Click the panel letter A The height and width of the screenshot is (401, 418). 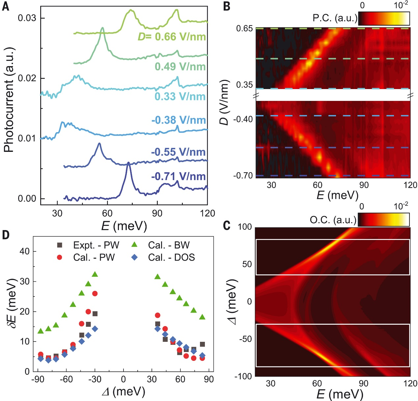click(6, 6)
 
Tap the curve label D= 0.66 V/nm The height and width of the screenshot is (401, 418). click(172, 36)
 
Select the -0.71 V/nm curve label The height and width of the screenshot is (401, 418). click(178, 177)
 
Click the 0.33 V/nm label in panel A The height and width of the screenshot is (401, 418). click(180, 96)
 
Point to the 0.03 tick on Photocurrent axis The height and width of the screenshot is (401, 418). click(27, 18)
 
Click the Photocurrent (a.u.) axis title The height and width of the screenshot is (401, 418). click(10, 100)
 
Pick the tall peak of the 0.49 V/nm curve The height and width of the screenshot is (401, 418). click(102, 28)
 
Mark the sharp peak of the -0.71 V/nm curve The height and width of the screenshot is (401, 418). click(128, 163)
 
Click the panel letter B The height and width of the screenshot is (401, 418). click(227, 6)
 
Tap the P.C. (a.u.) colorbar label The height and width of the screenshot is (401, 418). click(335, 18)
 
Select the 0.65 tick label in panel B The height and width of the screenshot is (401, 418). click(244, 29)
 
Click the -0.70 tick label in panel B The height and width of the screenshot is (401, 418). click(243, 176)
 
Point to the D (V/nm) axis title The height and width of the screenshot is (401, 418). click(224, 102)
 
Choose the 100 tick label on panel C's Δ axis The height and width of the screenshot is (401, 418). click(245, 227)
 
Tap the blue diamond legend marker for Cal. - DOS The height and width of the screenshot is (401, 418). click(134, 257)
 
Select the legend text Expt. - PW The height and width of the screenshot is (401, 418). click(96, 245)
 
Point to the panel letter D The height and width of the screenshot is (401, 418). click(6, 235)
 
